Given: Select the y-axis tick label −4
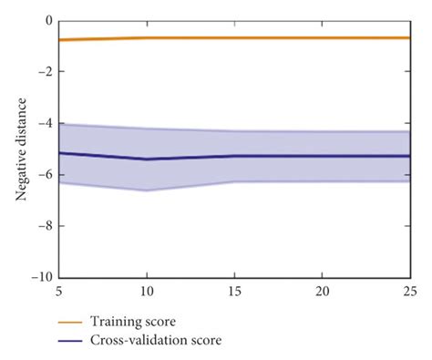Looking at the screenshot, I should [x=44, y=123].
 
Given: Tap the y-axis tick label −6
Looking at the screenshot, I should [x=44, y=175].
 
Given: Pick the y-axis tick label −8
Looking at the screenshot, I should [x=44, y=226].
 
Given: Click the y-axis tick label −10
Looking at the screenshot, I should [x=41, y=278].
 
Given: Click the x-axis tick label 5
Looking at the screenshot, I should [x=58, y=292].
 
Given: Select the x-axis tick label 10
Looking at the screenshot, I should [x=145, y=292].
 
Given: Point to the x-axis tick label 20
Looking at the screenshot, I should [x=321, y=292].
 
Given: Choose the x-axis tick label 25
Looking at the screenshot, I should [x=408, y=292].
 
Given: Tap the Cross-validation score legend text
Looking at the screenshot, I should [x=155, y=340].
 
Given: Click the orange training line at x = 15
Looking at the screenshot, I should [x=233, y=37].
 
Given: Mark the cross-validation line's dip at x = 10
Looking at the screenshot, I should [x=146, y=159].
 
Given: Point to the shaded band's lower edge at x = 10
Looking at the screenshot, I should [x=146, y=190].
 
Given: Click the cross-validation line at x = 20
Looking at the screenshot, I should [x=321, y=156].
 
